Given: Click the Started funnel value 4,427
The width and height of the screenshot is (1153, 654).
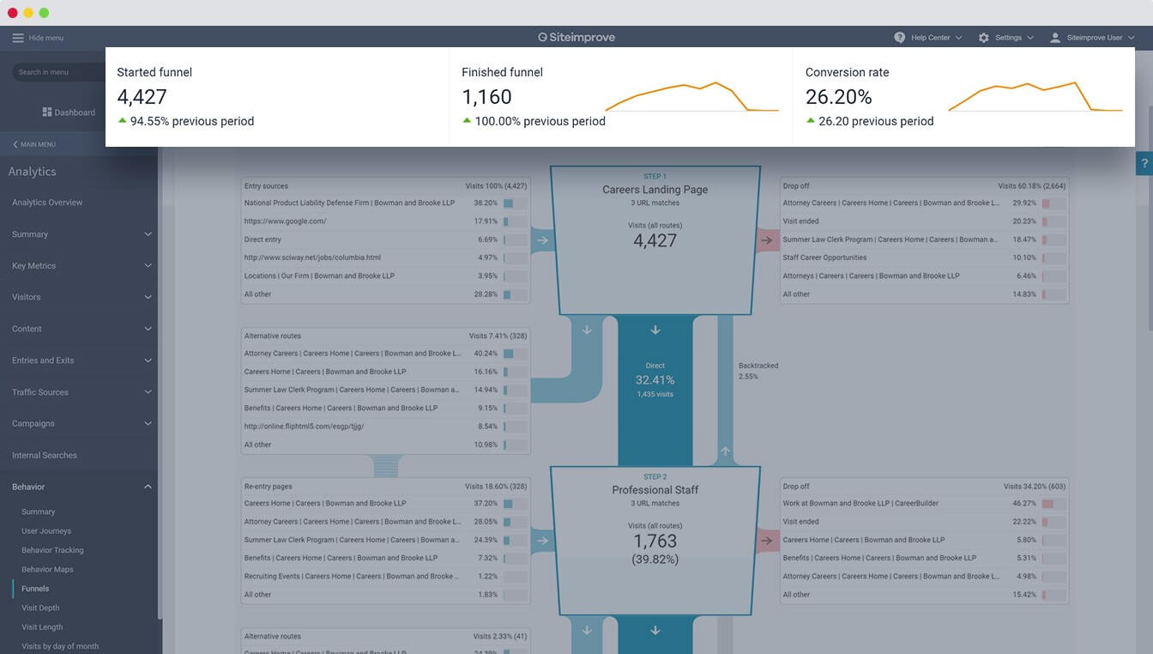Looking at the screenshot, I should point(142,97).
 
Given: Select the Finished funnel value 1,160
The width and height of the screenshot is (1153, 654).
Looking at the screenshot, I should point(486,97).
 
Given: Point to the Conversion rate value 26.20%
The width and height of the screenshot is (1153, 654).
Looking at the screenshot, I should point(838,97).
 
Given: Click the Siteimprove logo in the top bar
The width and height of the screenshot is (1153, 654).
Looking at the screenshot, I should point(576,38).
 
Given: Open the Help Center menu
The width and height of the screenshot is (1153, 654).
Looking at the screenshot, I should point(929,38).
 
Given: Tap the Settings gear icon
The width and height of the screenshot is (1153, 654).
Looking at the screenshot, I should point(983,38).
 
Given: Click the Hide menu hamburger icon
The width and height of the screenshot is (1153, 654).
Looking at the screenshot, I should point(18,38).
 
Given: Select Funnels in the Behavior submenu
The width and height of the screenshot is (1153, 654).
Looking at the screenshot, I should point(35,589).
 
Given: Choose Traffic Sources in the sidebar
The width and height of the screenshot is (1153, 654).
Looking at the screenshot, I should point(40,392).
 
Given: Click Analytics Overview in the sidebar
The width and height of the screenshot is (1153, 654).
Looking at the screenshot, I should point(47,203).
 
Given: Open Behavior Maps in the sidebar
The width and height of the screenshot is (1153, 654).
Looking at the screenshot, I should point(47,570).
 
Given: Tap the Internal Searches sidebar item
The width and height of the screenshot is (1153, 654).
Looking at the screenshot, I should point(45,456).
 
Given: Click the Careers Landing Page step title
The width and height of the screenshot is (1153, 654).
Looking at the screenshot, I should point(655,190).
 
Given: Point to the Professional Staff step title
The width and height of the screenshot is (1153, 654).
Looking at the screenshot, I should point(655,490).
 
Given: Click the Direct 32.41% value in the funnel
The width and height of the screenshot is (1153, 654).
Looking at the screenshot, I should point(655,380).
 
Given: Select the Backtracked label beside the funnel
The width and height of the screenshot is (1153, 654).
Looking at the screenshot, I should point(758,366).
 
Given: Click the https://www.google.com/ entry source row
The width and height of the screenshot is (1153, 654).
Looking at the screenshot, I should point(286,221).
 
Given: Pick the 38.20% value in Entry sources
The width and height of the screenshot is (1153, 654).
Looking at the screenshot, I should point(486,203).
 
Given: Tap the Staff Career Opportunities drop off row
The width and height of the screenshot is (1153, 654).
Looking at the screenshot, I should point(824,257).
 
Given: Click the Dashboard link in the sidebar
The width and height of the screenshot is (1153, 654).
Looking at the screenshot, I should point(74,112).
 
